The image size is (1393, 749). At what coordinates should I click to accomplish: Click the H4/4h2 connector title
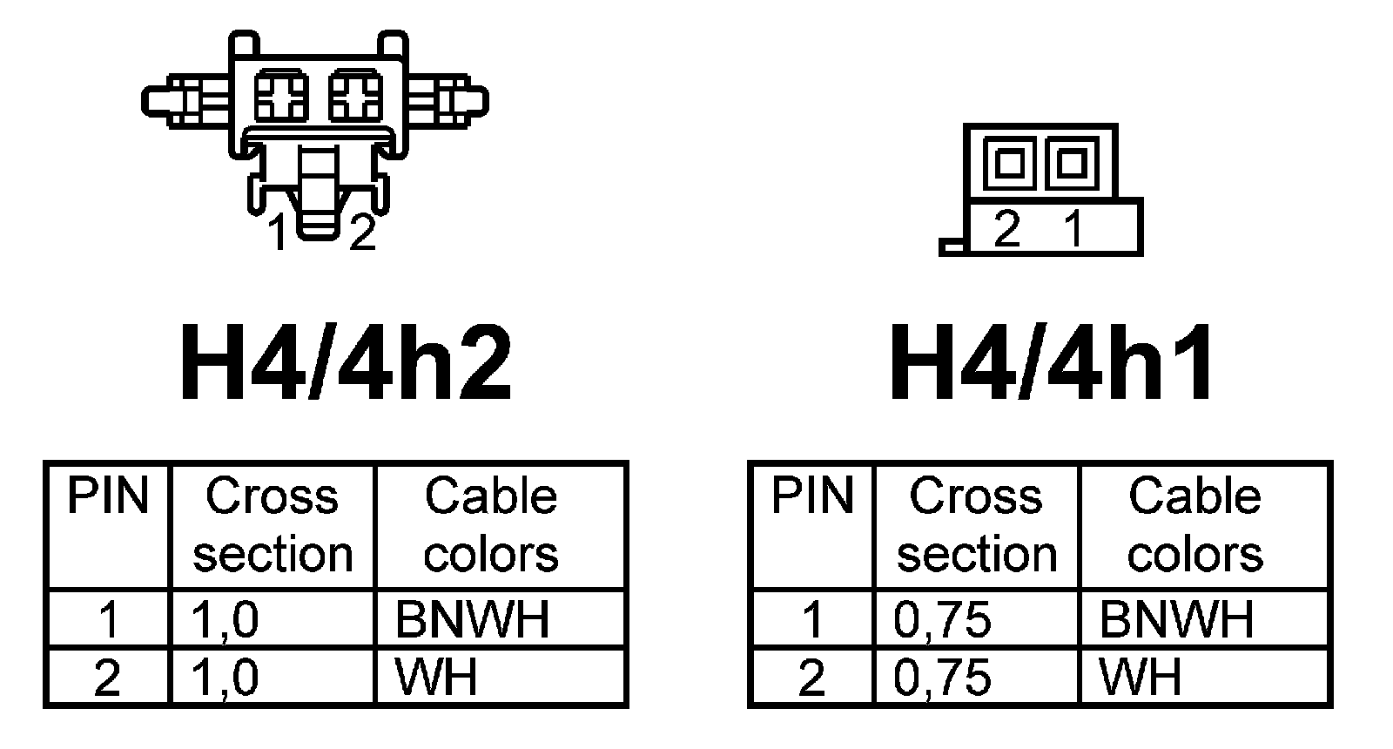345,364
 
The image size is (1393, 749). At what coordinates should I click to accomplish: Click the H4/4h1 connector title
1052,364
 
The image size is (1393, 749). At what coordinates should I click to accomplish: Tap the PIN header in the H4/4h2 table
108,496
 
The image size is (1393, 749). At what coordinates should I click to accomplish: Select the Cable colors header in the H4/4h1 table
1194,525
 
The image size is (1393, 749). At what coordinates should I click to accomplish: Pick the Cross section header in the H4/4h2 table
273,525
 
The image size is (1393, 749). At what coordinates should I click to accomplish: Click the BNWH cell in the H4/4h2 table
473,619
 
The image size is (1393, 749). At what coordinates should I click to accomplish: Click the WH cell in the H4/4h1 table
1141,677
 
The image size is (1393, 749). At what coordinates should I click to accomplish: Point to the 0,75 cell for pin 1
943,619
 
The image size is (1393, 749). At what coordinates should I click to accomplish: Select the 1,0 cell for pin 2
225,677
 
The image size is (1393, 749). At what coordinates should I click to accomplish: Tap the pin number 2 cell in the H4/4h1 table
811,677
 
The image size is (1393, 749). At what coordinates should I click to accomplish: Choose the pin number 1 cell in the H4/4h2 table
108,619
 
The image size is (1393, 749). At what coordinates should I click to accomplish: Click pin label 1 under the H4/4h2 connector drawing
278,233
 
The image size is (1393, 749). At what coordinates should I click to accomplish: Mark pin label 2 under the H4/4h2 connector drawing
362,233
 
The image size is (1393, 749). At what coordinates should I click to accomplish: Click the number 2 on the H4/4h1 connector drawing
1006,229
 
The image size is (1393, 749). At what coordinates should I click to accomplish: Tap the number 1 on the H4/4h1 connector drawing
1073,229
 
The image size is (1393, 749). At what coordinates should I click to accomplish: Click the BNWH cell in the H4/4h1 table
1177,619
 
